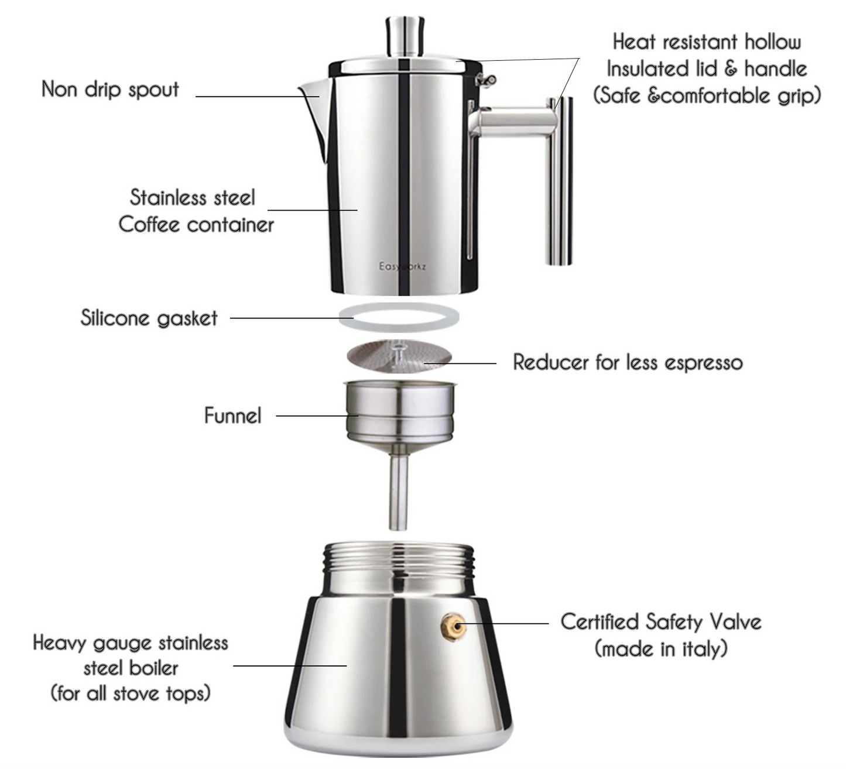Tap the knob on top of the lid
[x=405, y=36]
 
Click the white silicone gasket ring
[x=399, y=318]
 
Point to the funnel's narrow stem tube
[x=399, y=492]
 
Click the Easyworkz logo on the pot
[x=403, y=267]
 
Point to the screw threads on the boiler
[x=398, y=556]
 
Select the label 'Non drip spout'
[x=110, y=89]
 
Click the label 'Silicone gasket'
[x=149, y=318]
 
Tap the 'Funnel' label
[x=232, y=416]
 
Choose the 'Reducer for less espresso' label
[x=628, y=362]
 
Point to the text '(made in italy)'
[x=661, y=648]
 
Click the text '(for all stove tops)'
[x=131, y=694]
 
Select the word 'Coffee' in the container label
[x=149, y=225]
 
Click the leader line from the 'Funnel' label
[x=310, y=416]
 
